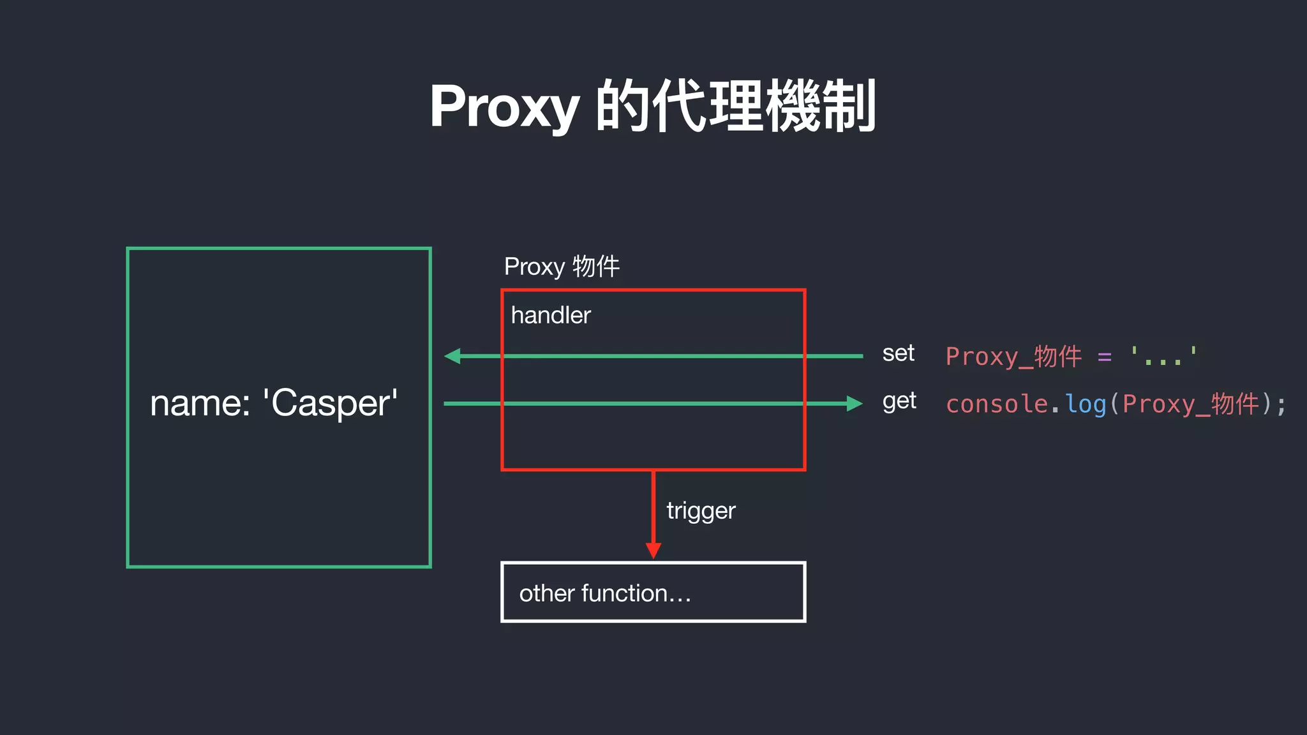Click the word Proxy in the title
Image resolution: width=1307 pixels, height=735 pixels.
click(504, 107)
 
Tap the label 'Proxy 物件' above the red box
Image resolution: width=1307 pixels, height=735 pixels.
click(562, 267)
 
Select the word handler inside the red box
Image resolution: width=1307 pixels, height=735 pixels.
click(551, 315)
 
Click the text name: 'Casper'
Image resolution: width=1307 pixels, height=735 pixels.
click(274, 403)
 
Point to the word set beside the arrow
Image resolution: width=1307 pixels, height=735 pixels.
click(898, 353)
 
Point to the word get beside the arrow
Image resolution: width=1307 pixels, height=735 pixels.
click(899, 401)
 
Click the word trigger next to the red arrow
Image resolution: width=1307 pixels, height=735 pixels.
click(701, 510)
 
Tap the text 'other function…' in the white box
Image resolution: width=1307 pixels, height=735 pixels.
click(604, 593)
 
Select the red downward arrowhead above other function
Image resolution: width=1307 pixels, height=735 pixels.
click(653, 550)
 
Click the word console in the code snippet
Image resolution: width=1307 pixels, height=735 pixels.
click(996, 404)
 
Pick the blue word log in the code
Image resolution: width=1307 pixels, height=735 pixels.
click(1086, 404)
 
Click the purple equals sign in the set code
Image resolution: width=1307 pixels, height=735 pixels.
click(1105, 357)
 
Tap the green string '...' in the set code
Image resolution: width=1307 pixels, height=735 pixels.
click(1163, 357)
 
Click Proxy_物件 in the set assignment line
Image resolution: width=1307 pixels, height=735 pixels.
click(1013, 357)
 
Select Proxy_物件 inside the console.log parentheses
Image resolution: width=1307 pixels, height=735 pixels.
click(1190, 404)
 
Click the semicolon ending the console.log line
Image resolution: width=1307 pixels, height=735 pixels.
click(1281, 405)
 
